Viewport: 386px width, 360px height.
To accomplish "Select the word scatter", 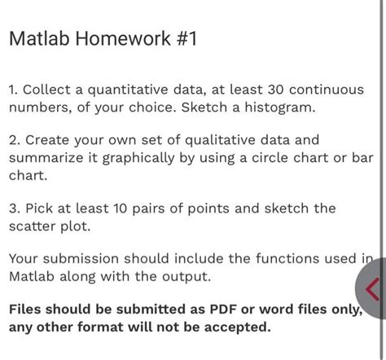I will click(32, 226).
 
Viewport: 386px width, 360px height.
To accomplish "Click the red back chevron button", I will click(373, 288).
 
